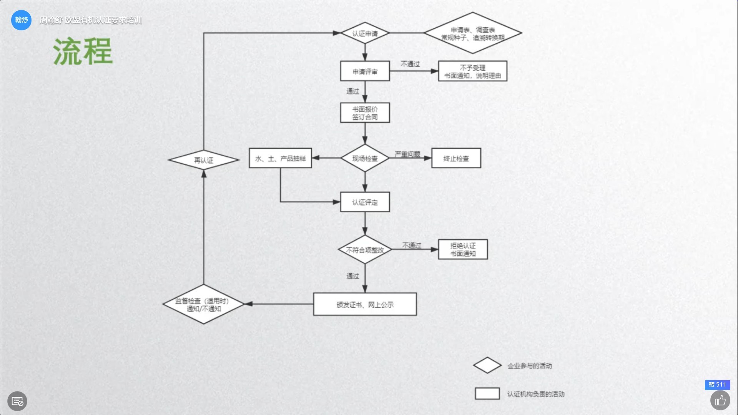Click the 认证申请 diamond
365,33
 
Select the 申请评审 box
365,71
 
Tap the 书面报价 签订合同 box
365,113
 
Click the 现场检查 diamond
365,158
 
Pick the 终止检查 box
456,158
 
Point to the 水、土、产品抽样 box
280,158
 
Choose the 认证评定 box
365,202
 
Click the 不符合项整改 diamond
365,250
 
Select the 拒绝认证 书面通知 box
463,249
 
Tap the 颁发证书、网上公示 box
365,304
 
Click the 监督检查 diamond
203,304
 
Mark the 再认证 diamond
203,160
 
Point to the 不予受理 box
472,71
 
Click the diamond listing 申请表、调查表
472,33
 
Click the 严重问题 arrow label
407,154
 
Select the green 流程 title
83,51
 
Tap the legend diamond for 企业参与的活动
487,365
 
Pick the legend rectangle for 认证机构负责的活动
487,394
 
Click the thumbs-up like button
720,401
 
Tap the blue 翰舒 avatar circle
21,20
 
